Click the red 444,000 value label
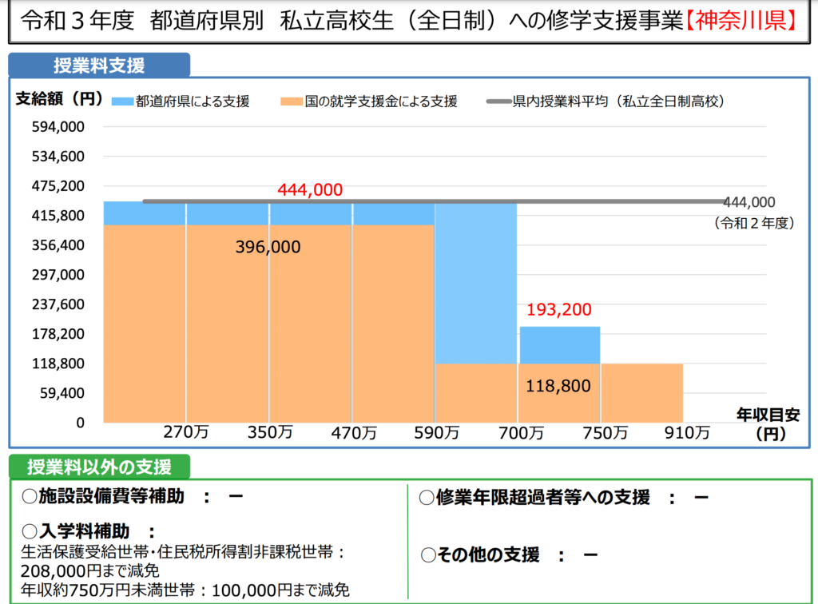click(310, 189)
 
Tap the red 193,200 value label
click(559, 310)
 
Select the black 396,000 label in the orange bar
click(268, 248)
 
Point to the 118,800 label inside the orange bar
click(558, 387)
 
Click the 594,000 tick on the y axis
click(58, 127)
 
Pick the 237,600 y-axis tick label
click(58, 304)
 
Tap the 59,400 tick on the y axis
click(62, 393)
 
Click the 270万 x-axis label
click(186, 433)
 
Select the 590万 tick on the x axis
click(437, 433)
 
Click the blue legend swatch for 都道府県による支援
click(122, 101)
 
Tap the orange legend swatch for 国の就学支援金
click(292, 101)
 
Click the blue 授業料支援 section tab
click(99, 66)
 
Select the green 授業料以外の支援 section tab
click(100, 467)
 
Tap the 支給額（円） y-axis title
click(59, 99)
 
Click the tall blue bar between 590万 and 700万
click(475, 284)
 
